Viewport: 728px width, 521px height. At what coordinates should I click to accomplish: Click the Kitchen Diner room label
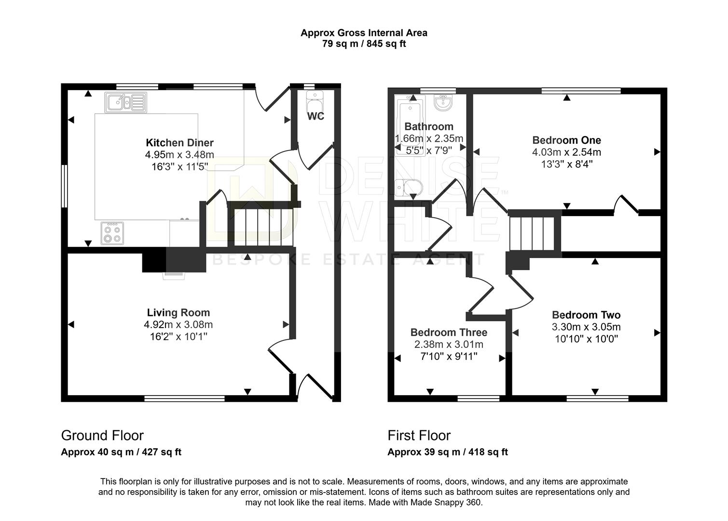click(x=179, y=143)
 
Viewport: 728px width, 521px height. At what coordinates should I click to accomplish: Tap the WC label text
click(x=316, y=116)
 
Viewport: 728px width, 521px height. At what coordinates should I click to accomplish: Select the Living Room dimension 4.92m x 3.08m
click(x=179, y=325)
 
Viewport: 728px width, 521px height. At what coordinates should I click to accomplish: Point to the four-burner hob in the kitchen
click(x=112, y=233)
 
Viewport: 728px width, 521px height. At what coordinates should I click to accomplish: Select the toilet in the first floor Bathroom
click(x=407, y=187)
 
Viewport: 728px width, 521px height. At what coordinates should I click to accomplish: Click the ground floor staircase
click(x=261, y=226)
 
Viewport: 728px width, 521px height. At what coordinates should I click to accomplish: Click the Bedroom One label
click(x=566, y=140)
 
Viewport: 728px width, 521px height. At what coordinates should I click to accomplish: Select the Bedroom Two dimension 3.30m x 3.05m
click(x=586, y=327)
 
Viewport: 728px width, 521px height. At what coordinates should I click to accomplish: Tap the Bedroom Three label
click(x=449, y=332)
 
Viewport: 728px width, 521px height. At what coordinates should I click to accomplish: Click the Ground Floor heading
click(x=102, y=436)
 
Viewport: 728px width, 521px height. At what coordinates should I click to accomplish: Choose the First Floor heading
click(x=419, y=436)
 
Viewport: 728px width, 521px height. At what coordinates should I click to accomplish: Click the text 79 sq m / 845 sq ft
click(x=364, y=44)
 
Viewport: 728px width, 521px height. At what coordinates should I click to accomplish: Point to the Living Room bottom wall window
click(x=185, y=398)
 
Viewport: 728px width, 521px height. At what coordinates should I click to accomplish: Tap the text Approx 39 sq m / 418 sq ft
click(x=447, y=452)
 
